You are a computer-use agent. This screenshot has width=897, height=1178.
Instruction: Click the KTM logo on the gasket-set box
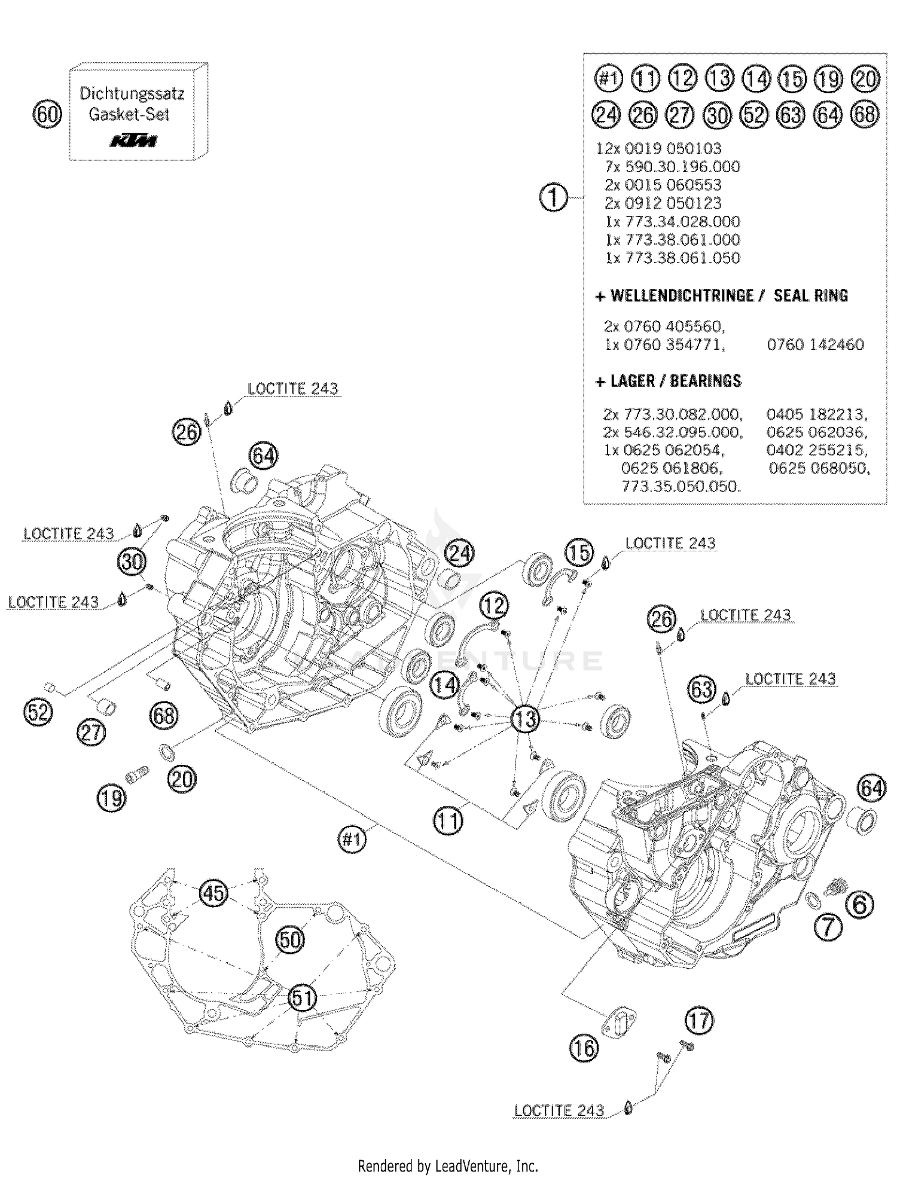(133, 141)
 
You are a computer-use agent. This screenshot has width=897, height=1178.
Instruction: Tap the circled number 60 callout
(47, 114)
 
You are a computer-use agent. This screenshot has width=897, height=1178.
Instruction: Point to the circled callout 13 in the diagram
(526, 719)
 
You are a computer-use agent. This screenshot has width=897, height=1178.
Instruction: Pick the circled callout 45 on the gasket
(213, 893)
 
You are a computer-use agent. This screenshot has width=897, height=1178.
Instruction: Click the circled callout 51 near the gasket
(302, 997)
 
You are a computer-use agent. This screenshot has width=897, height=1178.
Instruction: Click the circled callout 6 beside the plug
(859, 905)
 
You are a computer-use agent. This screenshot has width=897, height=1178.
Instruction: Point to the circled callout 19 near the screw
(112, 798)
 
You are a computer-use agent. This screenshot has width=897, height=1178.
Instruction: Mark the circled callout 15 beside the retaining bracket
(579, 553)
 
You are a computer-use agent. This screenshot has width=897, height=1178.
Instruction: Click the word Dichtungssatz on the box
(132, 94)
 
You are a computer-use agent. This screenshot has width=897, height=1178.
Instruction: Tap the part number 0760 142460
(815, 344)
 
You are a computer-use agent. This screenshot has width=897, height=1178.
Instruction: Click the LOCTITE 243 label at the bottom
(559, 1110)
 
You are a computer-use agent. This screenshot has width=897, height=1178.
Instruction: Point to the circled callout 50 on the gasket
(290, 940)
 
